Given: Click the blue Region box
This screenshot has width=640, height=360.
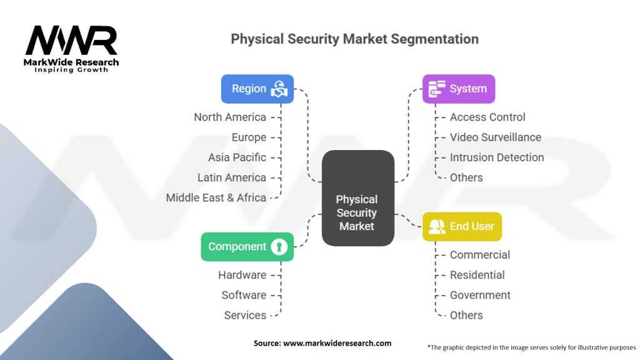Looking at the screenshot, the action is (x=257, y=89).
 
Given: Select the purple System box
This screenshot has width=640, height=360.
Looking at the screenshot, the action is (x=459, y=89).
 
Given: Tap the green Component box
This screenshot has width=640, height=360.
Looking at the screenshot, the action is (x=247, y=246).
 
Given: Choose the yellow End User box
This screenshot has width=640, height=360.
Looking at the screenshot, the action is (x=462, y=226).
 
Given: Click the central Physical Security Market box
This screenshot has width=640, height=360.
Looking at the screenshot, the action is (x=358, y=198).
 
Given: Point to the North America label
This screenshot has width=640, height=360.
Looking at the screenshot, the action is (x=230, y=117).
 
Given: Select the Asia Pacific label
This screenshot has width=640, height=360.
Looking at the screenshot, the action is (x=237, y=157).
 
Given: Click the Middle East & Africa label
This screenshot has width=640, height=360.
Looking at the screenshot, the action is (x=216, y=197).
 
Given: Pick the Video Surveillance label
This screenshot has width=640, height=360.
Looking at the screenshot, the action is (x=496, y=137).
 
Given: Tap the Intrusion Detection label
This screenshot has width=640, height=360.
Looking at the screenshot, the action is (x=497, y=157).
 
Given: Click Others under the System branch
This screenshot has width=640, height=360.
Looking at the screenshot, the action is (x=466, y=177).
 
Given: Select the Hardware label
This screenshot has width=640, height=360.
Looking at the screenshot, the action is (x=242, y=275).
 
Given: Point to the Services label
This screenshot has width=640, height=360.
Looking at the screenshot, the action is (x=245, y=315).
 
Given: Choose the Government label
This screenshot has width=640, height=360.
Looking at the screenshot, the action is (x=480, y=295).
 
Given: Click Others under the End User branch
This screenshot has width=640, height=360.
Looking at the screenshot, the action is (x=466, y=315).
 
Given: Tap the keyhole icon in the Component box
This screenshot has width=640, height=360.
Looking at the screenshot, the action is (x=279, y=246).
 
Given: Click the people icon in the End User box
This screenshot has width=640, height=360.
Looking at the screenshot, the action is (x=437, y=226).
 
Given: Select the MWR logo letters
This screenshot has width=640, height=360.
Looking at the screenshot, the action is (x=71, y=40).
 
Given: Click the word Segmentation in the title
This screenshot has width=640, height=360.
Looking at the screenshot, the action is (x=435, y=39).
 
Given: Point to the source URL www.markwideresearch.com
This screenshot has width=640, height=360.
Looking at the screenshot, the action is (x=337, y=343).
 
